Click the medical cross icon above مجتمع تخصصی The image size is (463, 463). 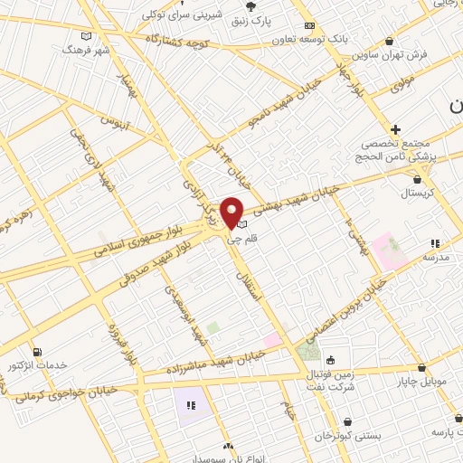395,129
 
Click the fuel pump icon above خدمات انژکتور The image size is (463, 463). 37,352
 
